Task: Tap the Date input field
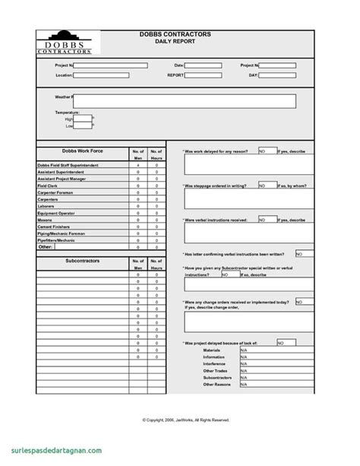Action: pos(203,66)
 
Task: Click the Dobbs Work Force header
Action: pos(83,152)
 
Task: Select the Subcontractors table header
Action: pos(83,262)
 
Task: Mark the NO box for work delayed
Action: pos(267,151)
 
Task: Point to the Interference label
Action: pos(214,363)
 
